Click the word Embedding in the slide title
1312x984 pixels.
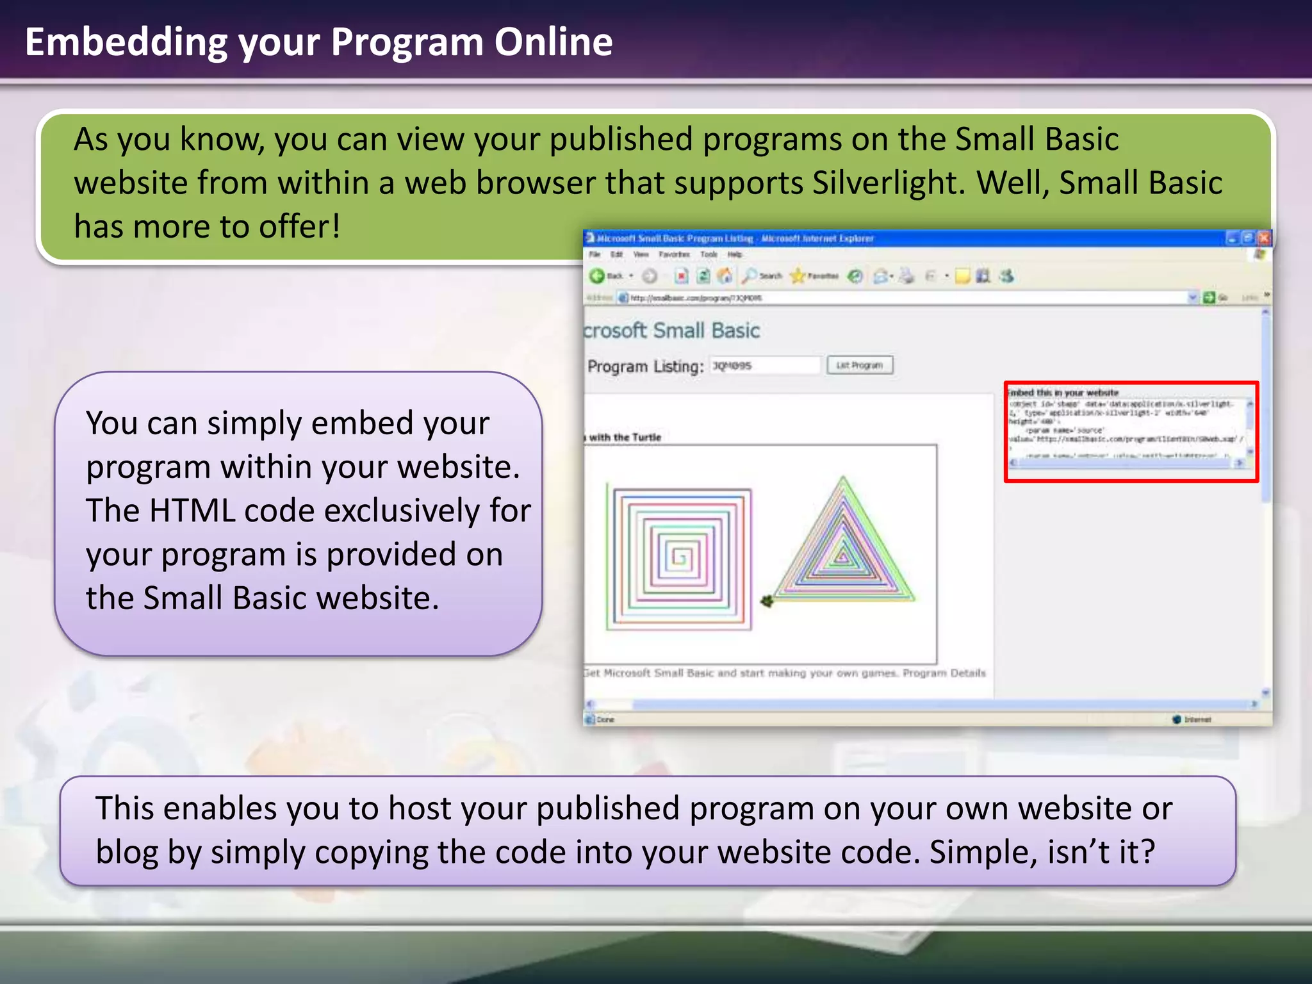click(x=126, y=42)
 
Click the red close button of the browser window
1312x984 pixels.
click(x=1264, y=238)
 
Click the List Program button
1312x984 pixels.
click(x=860, y=365)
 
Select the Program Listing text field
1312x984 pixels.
click(x=765, y=366)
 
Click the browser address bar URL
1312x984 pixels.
click(x=696, y=298)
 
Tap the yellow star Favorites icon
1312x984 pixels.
click(x=798, y=276)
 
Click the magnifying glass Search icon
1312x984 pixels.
click(x=748, y=276)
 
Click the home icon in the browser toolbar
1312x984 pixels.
click(x=725, y=276)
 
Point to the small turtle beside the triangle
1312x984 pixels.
click(x=766, y=601)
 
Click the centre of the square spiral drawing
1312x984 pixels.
click(x=680, y=557)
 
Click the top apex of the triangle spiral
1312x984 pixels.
click(x=843, y=479)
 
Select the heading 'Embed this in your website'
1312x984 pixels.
click(x=1063, y=393)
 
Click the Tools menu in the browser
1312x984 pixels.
click(x=709, y=254)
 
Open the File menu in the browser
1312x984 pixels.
click(x=594, y=254)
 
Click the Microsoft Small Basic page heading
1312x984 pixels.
click(x=671, y=331)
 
